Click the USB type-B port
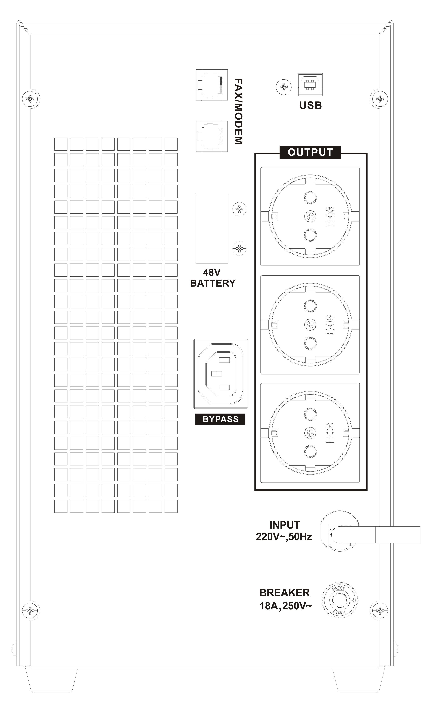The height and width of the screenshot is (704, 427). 310,85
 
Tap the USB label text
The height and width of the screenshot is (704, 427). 310,105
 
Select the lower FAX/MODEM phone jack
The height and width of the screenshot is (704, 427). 212,136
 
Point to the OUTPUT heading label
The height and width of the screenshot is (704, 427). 310,152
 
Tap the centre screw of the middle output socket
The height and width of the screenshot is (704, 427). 310,324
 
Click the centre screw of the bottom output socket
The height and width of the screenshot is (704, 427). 310,433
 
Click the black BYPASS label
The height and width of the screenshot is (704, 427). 220,419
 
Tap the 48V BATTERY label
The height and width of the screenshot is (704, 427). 213,278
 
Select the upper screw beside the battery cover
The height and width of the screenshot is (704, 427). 239,209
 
